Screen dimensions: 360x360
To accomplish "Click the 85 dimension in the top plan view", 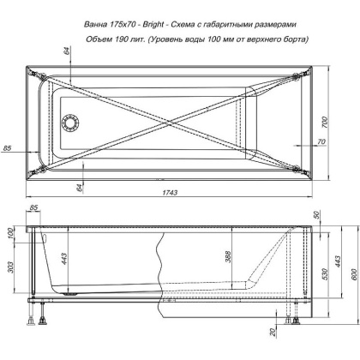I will pos(8,149).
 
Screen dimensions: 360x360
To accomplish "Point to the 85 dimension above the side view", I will pos(35,208).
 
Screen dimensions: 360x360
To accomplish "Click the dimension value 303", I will pos(10,270).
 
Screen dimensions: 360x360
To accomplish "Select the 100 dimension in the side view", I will pos(10,233).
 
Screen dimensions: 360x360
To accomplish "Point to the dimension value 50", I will pos(317,214).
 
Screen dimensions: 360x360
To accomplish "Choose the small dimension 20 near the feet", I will pos(273,332).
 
